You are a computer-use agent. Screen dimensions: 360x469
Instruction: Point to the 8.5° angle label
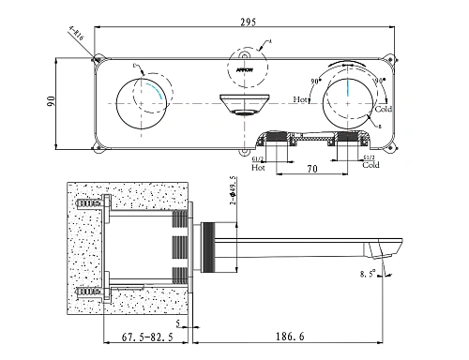[366, 275]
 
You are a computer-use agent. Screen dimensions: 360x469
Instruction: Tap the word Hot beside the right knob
[301, 97]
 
